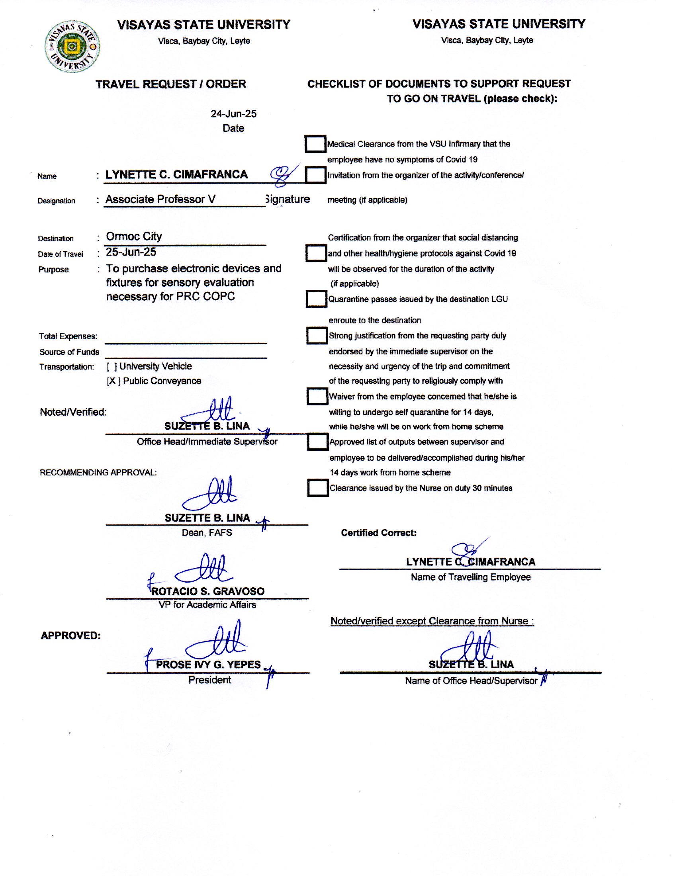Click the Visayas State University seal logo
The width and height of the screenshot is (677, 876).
tap(72, 47)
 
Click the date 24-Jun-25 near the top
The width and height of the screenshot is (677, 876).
tap(233, 114)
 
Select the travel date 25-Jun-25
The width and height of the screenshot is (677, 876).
tap(131, 252)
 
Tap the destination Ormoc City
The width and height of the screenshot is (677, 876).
tap(133, 236)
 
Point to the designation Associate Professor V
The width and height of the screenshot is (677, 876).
tap(160, 199)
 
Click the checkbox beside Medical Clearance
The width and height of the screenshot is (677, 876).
tap(315, 144)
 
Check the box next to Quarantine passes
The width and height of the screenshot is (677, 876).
tap(317, 299)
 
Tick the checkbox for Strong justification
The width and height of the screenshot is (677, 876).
tap(317, 336)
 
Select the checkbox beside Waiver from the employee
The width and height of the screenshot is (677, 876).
tap(317, 396)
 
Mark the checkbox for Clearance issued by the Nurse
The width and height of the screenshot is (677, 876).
tap(318, 488)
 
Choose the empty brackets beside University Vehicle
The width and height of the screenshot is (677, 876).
tap(112, 367)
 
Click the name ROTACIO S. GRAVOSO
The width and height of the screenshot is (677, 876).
tap(208, 591)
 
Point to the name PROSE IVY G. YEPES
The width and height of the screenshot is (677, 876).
tap(208, 665)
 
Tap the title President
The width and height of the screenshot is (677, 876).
tap(210, 680)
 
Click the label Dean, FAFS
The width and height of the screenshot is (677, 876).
tap(207, 533)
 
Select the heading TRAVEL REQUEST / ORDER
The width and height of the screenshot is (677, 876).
tap(171, 84)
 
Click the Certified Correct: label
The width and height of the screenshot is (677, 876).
tap(379, 533)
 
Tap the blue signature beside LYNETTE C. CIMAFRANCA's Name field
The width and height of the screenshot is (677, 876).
tap(284, 175)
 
